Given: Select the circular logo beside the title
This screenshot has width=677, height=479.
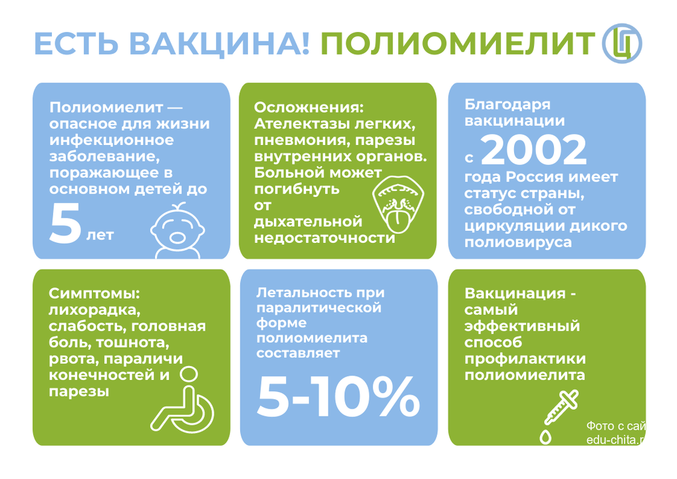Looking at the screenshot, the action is click(x=622, y=44).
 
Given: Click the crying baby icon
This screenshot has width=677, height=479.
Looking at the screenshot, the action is click(x=178, y=230).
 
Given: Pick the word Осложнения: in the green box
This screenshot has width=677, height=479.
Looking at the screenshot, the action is click(x=309, y=107).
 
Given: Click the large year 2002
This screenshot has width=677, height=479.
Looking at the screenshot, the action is click(x=533, y=150).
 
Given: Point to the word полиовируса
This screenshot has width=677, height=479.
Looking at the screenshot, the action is click(x=518, y=242).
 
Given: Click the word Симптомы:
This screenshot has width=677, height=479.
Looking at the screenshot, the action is click(x=94, y=293).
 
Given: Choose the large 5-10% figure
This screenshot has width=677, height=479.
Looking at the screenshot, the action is click(x=338, y=397).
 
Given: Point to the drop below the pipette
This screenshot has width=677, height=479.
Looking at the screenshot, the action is click(x=546, y=437).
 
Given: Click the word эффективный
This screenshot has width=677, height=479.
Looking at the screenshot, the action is click(x=522, y=326).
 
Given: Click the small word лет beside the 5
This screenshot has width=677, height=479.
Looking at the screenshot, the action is click(x=100, y=235).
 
